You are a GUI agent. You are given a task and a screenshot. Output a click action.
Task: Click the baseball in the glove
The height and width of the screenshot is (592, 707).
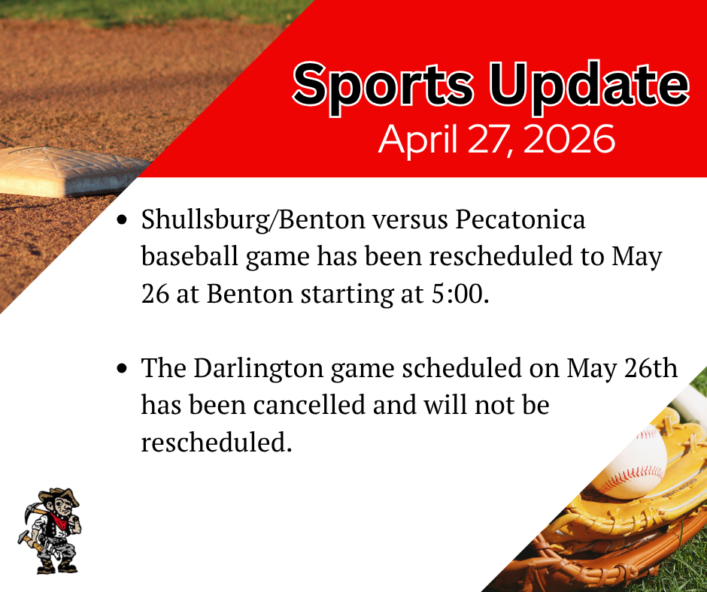coord(630,462)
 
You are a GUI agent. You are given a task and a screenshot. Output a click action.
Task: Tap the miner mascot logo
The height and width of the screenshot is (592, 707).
coord(50,530)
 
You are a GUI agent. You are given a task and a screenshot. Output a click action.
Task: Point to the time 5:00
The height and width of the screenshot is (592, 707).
coord(460,294)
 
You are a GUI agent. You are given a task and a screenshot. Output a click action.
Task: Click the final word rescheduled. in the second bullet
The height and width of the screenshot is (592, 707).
coord(216,442)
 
